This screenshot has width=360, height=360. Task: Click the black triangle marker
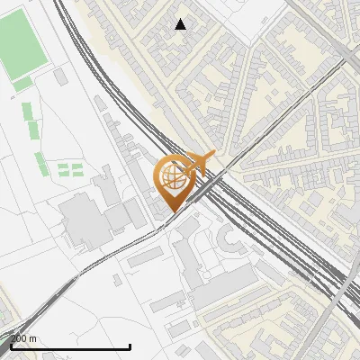[181, 24]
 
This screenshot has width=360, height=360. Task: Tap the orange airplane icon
[199, 165]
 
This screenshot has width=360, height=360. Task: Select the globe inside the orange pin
[171, 177]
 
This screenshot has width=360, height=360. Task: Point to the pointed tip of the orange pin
[171, 211]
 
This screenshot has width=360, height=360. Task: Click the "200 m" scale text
[24, 338]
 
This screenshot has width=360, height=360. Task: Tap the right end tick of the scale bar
[130, 346]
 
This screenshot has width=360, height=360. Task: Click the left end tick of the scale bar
[11, 346]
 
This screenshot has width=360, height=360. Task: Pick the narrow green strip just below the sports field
[22, 85]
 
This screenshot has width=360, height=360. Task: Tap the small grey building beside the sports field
[61, 77]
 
